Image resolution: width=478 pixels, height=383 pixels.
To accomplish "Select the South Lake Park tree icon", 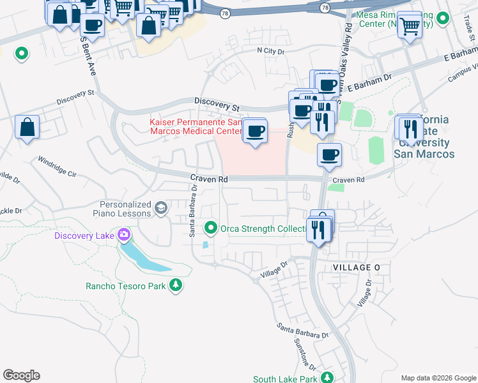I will (x=327, y=378).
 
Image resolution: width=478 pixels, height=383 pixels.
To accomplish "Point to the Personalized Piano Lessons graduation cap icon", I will (x=160, y=207).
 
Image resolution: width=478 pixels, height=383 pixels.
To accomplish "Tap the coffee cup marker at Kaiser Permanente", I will (x=255, y=131).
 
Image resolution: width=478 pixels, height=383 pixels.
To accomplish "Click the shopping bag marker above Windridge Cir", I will (x=27, y=127).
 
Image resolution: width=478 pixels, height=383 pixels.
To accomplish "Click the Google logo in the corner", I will (x=21, y=375).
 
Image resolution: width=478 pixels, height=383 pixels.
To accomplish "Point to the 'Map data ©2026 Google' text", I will (x=438, y=377).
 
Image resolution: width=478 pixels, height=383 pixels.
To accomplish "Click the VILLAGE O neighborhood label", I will (x=356, y=267).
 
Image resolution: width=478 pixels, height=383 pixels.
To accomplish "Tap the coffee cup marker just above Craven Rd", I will (x=329, y=155).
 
